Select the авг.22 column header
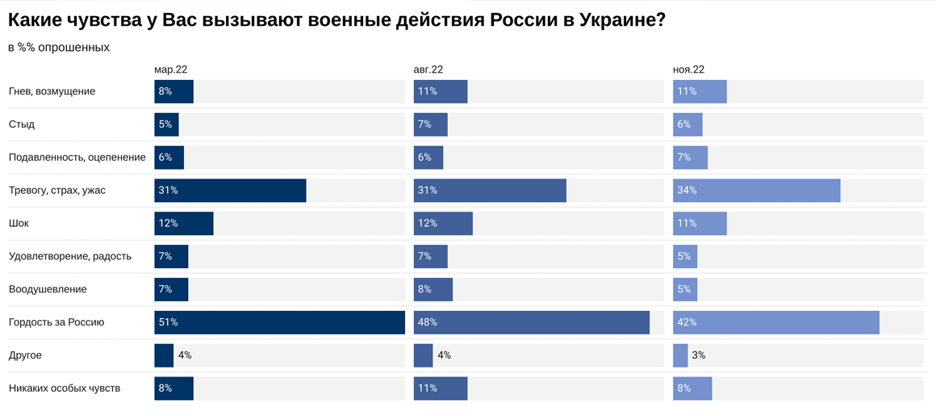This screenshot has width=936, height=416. click(x=428, y=70)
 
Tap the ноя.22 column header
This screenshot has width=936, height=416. click(x=689, y=70)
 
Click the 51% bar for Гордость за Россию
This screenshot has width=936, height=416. click(x=279, y=322)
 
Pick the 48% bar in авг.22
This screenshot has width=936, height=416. click(x=531, y=322)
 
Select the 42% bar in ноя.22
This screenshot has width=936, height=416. click(x=775, y=322)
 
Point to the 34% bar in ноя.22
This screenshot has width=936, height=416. click(x=756, y=191)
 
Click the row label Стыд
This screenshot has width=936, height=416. click(x=22, y=124)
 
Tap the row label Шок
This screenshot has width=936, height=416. click(x=19, y=224)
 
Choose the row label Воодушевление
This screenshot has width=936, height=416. click(x=48, y=289)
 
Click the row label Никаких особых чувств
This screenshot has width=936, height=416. click(x=65, y=389)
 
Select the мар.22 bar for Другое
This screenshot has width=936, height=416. click(x=164, y=355)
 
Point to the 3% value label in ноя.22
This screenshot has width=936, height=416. click(x=699, y=355)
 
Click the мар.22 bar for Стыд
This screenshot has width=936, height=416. click(x=166, y=124)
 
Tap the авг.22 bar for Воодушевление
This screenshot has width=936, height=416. click(x=432, y=289)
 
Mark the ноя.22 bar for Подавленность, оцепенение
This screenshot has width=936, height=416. click(x=690, y=158)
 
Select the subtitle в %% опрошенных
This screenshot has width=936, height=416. click(x=59, y=48)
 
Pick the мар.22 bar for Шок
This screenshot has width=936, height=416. click(x=183, y=224)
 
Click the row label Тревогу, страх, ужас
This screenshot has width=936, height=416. click(x=57, y=191)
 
